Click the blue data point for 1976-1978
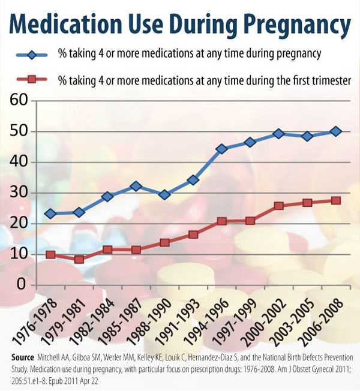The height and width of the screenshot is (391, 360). click(x=50, y=213)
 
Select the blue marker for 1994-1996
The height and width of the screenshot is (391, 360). click(x=221, y=149)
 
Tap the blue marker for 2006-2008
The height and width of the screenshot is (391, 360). click(x=335, y=131)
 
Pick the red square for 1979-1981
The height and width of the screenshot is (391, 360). click(x=79, y=260)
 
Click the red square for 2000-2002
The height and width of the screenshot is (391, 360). click(x=278, y=206)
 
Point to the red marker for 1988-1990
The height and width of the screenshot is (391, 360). click(x=164, y=242)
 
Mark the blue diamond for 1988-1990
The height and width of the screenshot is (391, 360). click(x=164, y=194)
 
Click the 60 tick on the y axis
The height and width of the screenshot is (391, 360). click(x=20, y=100)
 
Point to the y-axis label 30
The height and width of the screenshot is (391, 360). click(x=20, y=193)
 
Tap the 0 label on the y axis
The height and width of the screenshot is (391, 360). click(x=25, y=284)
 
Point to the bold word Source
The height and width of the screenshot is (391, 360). click(x=23, y=356)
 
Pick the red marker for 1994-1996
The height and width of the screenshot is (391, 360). click(x=221, y=221)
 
